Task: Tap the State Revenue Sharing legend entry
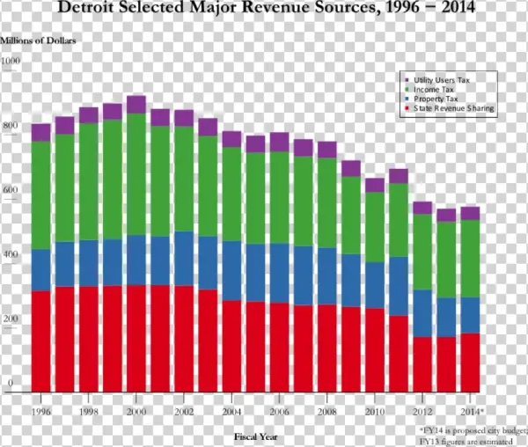pos(452,109)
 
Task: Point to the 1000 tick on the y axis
pos(11,61)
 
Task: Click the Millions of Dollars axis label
pos(38,41)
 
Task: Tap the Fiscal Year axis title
pos(256,436)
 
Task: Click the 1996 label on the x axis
pos(40,411)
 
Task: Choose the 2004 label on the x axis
pos(231,411)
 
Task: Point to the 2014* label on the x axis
pos(472,411)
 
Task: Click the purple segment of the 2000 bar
pos(136,104)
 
